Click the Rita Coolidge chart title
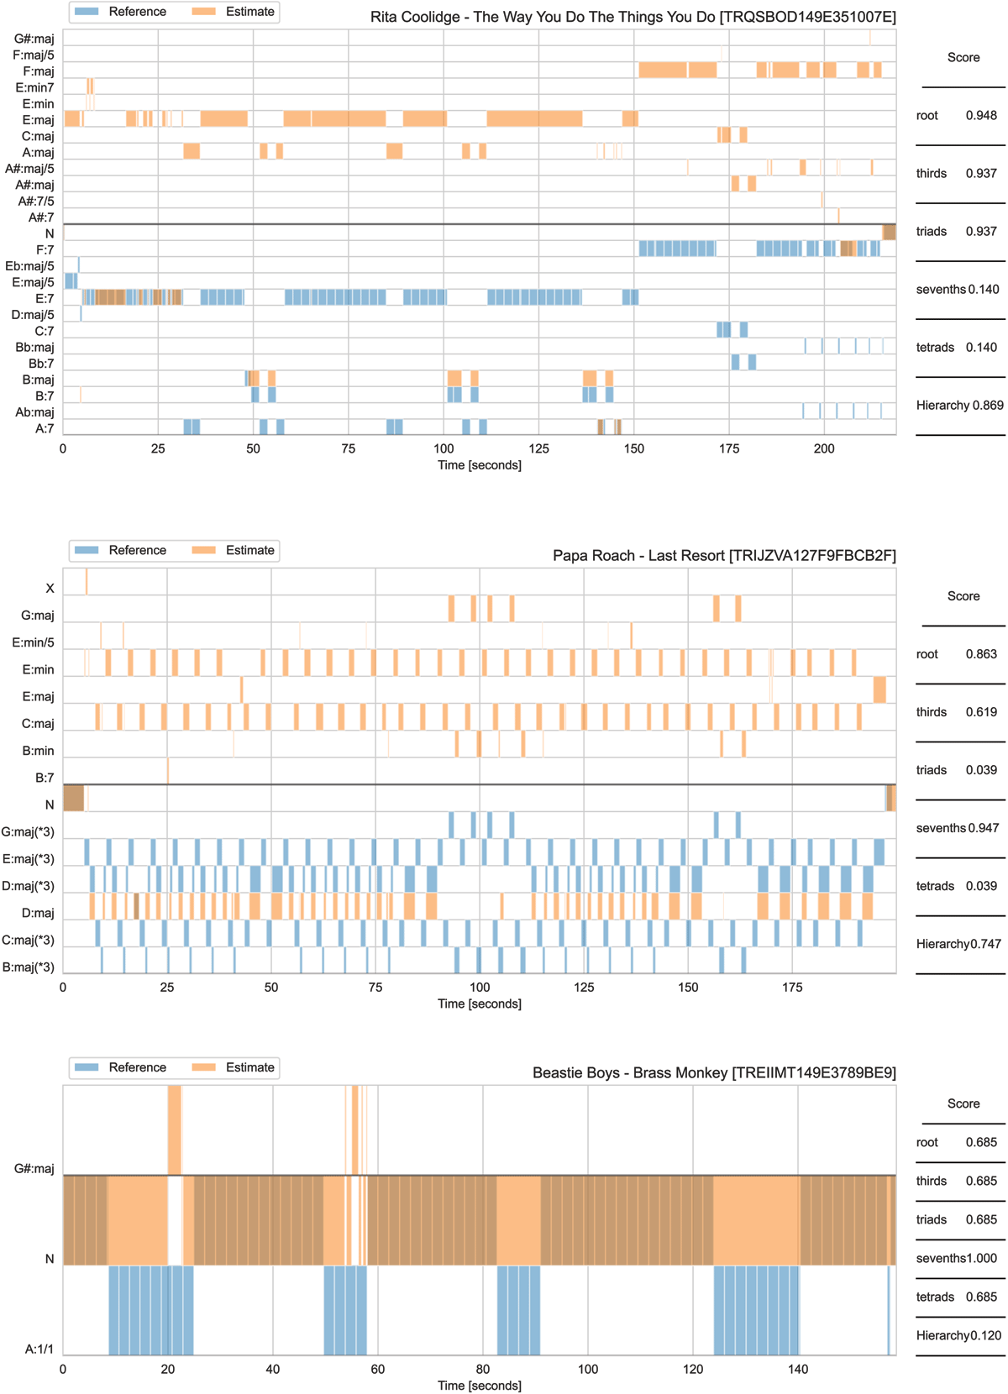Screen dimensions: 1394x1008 pyautogui.click(x=633, y=17)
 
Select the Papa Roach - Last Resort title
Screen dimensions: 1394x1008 pyautogui.click(x=724, y=555)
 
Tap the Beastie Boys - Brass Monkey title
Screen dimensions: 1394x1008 pyautogui.click(x=714, y=1072)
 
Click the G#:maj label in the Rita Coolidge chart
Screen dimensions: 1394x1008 pyautogui.click(x=34, y=39)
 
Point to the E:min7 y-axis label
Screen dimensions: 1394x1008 pyautogui.click(x=34, y=87)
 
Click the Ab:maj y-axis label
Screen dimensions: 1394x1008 pyautogui.click(x=34, y=412)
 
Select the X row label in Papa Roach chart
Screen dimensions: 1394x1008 pyautogui.click(x=50, y=589)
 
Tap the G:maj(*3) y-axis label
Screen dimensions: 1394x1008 pyautogui.click(x=28, y=832)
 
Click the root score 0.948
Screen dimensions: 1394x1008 pyautogui.click(x=981, y=115)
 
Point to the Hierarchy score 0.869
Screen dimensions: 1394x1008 pyautogui.click(x=988, y=405)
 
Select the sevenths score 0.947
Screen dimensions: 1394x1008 pyautogui.click(x=983, y=828)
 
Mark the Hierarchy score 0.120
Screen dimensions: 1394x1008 pyautogui.click(x=986, y=1335)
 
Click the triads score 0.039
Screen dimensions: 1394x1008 pyautogui.click(x=981, y=770)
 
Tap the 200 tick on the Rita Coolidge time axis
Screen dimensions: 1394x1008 pyautogui.click(x=824, y=448)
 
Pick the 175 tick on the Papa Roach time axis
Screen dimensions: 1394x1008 pyautogui.click(x=792, y=987)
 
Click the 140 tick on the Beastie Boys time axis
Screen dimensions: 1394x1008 pyautogui.click(x=798, y=1369)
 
